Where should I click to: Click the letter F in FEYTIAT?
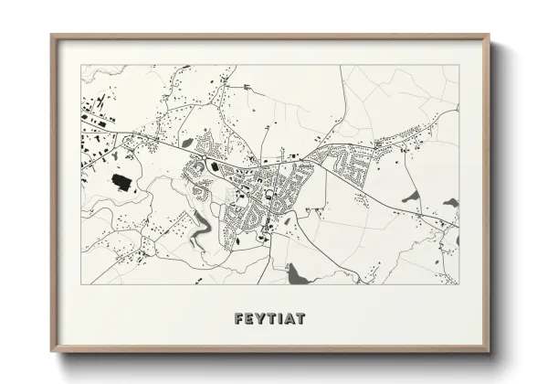click(x=239, y=319)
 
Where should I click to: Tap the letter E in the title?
click(x=250, y=319)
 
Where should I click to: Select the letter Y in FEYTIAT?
click(x=261, y=319)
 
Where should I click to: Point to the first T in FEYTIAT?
click(x=272, y=319)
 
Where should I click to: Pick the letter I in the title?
click(x=280, y=319)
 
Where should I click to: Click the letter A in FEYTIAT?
click(x=290, y=319)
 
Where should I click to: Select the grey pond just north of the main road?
click(x=188, y=142)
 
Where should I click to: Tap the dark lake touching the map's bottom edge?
click(x=296, y=274)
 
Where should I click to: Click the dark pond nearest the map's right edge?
click(x=449, y=205)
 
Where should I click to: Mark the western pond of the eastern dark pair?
click(x=409, y=198)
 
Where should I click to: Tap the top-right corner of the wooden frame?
click(x=491, y=36)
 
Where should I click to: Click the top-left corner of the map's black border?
click(x=82, y=65)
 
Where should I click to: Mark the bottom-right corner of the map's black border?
click(x=458, y=284)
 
